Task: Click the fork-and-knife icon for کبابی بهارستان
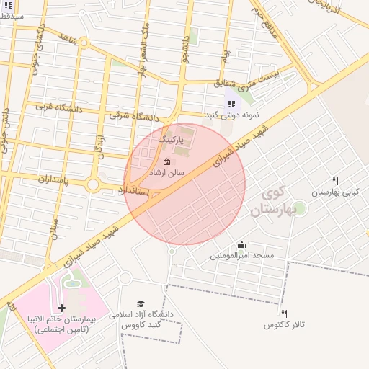pyautogui.click(x=335, y=181)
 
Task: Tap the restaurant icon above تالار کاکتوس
pyautogui.click(x=285, y=314)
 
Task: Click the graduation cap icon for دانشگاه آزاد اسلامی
pyautogui.click(x=141, y=304)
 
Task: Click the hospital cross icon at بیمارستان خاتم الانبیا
pyautogui.click(x=61, y=308)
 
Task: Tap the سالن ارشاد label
pyautogui.click(x=166, y=174)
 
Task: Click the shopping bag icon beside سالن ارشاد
pyautogui.click(x=167, y=161)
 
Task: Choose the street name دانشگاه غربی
pyautogui.click(x=61, y=107)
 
